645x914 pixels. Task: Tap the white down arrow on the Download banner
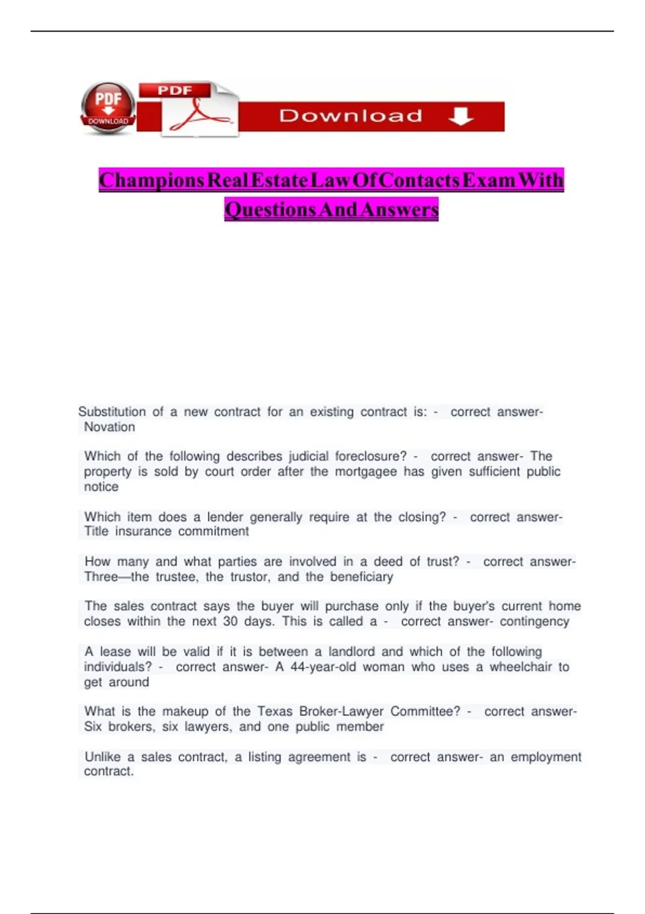pos(461,116)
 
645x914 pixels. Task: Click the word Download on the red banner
pos(350,116)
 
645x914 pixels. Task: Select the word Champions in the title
pos(152,180)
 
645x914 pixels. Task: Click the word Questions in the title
pos(270,209)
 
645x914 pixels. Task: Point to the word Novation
pos(110,427)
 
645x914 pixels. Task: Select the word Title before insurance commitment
pos(97,531)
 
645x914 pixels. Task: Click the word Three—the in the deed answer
pos(116,577)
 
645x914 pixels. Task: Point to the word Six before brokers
pos(93,726)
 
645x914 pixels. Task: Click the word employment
pos(546,757)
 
